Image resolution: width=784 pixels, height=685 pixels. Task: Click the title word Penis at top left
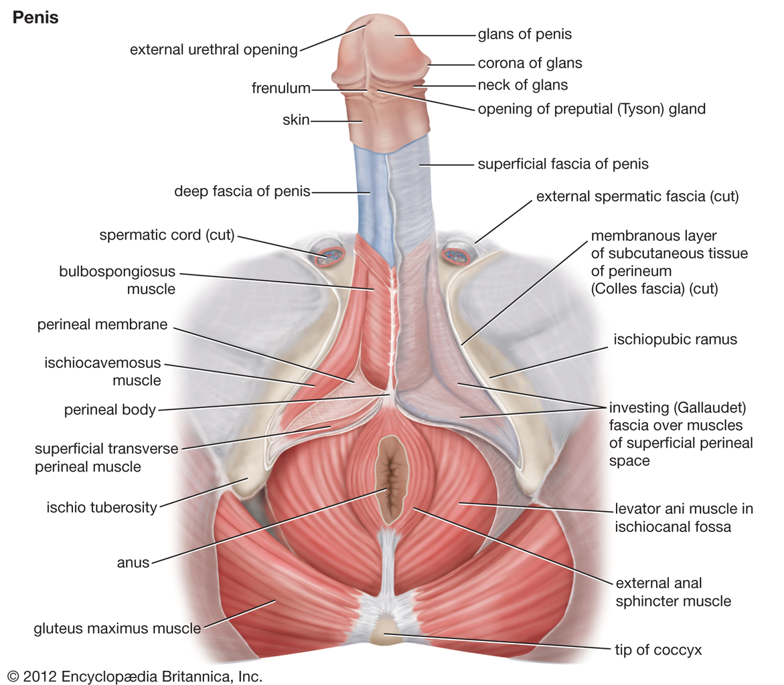click(x=35, y=17)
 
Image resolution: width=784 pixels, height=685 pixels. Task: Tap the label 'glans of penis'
click(x=524, y=34)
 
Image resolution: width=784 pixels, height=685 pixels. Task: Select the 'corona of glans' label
click(x=530, y=63)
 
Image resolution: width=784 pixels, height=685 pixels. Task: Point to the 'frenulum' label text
click(x=281, y=88)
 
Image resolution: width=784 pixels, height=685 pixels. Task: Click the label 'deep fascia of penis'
click(x=242, y=191)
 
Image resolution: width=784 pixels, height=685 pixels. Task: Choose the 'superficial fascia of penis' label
click(x=563, y=164)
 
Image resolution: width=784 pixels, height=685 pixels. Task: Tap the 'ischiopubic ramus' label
click(x=675, y=339)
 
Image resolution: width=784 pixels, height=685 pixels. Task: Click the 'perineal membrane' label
click(x=102, y=324)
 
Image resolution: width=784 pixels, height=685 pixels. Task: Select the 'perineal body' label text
click(x=110, y=409)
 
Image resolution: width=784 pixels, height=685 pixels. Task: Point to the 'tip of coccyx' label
click(x=658, y=650)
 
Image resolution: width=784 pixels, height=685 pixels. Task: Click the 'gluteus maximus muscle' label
click(x=118, y=628)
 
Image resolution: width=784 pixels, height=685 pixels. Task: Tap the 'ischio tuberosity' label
click(x=102, y=508)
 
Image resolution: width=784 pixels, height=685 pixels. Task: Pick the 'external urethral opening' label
click(x=214, y=50)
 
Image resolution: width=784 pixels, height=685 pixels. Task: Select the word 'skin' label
click(x=296, y=120)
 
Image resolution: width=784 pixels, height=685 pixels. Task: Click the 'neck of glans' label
click(x=522, y=85)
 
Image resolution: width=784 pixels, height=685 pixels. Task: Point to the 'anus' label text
click(x=133, y=563)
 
